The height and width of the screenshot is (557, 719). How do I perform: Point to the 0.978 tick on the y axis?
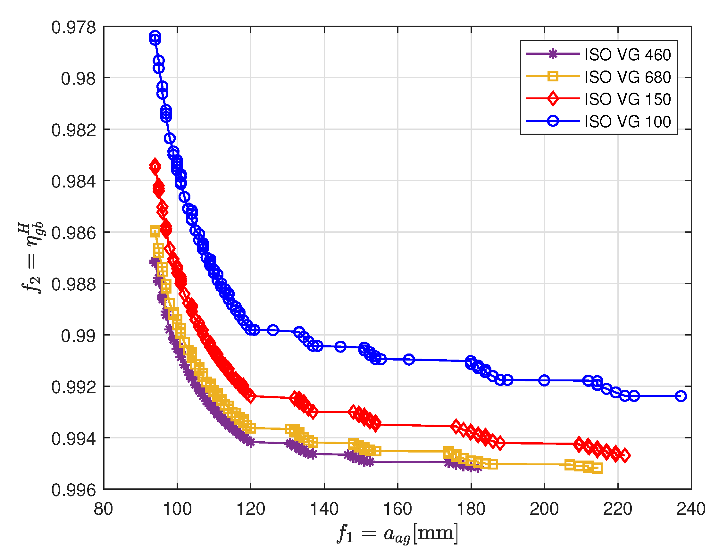point(73,27)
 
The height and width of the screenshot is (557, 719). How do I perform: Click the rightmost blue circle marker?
point(681,396)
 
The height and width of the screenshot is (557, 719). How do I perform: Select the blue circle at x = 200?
point(544,380)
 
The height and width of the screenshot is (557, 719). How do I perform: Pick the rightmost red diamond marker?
point(624,456)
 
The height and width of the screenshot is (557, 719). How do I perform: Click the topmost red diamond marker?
point(155,167)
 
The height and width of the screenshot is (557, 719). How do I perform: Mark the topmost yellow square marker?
point(155,231)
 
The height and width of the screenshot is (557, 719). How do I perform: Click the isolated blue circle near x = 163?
point(409,360)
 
